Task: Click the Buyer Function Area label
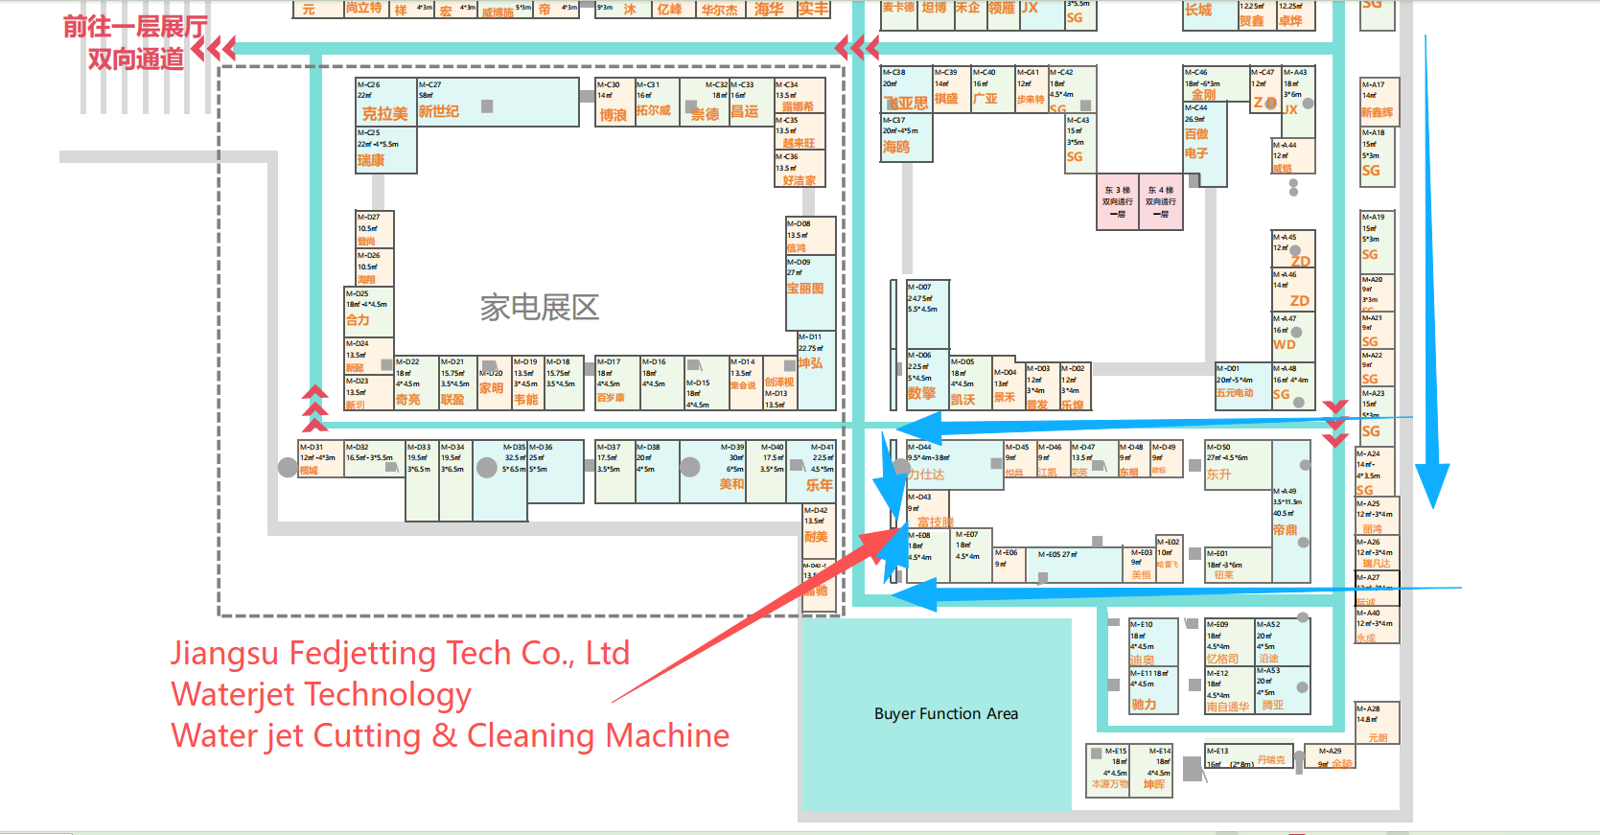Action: (945, 713)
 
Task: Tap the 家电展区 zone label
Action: (539, 307)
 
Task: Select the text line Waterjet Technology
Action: (320, 695)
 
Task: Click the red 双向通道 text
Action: (135, 59)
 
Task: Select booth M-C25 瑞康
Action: (385, 151)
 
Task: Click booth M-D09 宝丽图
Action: (810, 280)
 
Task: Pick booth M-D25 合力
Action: (367, 312)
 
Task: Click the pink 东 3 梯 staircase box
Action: (1118, 202)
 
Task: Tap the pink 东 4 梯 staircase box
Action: (1161, 202)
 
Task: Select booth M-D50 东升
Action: (1237, 465)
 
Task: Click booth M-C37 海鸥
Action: (905, 139)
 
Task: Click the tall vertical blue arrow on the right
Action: (1431, 268)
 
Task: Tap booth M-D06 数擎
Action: (927, 379)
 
